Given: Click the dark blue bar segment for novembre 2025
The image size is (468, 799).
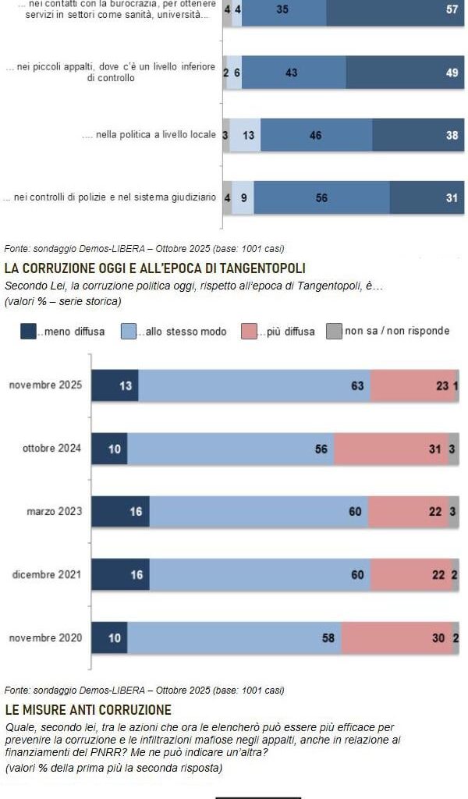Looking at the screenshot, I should [115, 385].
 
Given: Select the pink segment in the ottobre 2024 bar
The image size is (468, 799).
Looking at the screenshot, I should [391, 449].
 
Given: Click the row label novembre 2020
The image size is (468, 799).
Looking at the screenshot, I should [44, 638].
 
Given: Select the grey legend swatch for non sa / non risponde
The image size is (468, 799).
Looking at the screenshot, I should [334, 332].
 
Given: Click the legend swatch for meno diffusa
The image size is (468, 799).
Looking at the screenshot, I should [28, 332].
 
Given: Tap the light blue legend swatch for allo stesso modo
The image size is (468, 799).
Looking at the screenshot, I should [129, 332].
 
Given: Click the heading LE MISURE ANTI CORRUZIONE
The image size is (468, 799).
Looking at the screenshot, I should [87, 710].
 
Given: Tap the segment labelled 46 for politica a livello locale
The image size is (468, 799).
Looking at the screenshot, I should [316, 135].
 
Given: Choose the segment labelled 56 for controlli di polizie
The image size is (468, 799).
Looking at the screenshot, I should [321, 198].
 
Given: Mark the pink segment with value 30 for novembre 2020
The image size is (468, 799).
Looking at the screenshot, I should [396, 638].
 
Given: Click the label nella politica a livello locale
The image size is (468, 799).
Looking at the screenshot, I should [148, 135].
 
